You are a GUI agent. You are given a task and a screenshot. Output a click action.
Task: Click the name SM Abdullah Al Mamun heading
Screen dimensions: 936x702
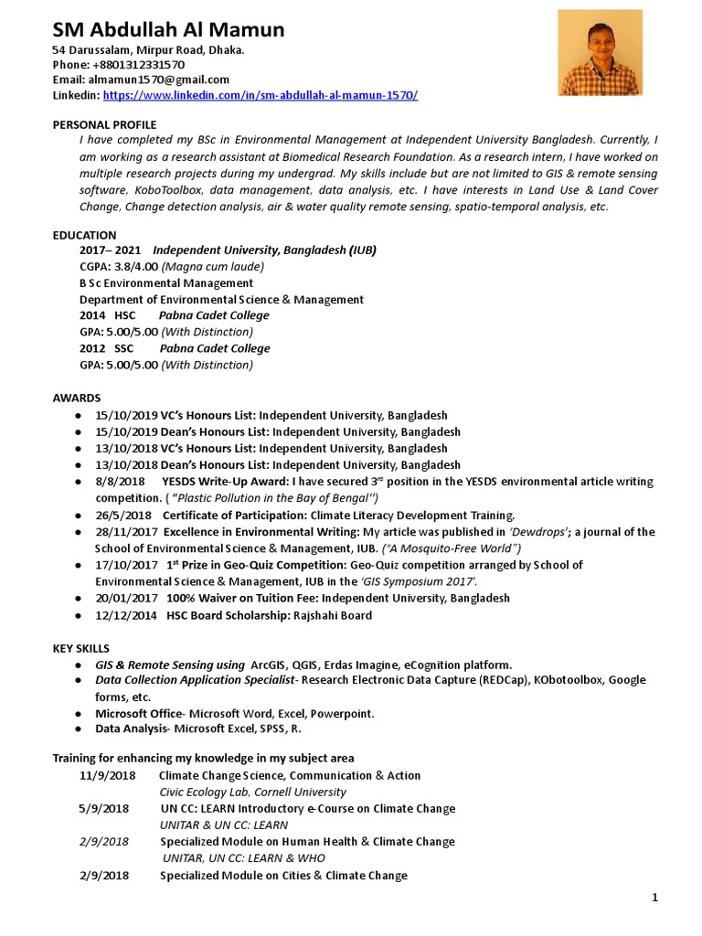[168, 30]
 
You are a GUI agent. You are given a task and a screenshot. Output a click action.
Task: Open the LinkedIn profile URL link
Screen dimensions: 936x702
[261, 95]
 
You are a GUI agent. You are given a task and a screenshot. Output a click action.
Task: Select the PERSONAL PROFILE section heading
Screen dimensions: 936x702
[104, 124]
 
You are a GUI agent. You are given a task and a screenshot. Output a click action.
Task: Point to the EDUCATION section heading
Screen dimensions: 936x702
[84, 235]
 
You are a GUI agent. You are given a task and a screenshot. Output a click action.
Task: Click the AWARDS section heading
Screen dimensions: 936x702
[77, 398]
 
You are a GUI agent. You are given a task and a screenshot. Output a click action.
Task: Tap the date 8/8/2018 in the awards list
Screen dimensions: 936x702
[120, 482]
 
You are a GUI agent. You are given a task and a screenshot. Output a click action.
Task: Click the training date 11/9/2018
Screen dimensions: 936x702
[107, 775]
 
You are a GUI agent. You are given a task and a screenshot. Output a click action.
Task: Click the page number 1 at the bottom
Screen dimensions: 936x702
[655, 898]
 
